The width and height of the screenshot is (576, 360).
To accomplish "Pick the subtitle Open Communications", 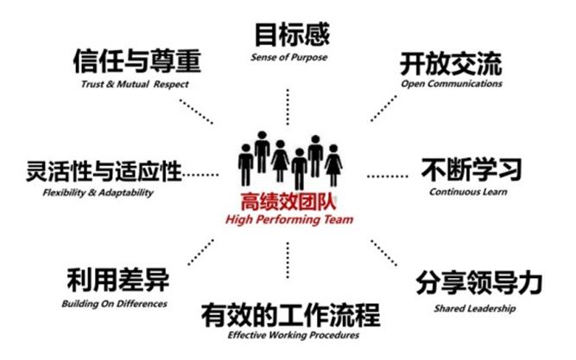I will click(x=452, y=85).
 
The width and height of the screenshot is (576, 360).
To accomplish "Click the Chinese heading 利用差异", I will click(x=117, y=281).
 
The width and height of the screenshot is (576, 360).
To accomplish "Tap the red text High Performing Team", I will click(x=288, y=219).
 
